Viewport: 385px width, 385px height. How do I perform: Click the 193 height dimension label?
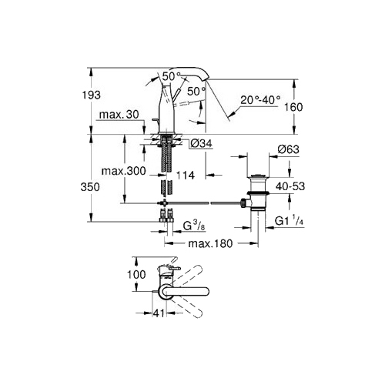click(91, 95)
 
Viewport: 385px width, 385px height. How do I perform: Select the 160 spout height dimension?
click(293, 107)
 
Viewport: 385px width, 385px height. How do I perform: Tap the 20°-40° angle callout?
click(260, 99)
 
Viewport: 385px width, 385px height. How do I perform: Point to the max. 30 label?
click(119, 115)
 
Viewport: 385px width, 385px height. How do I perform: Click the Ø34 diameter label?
click(202, 143)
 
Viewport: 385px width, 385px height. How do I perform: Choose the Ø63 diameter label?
click(289, 149)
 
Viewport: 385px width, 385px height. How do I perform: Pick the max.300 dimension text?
click(124, 171)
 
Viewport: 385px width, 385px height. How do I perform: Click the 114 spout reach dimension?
click(186, 176)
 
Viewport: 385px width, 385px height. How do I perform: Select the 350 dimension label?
click(90, 187)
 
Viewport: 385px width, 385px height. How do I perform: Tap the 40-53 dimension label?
click(290, 186)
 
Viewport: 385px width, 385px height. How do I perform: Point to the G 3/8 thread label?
click(194, 226)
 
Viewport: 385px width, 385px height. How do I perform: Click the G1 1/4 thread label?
click(289, 221)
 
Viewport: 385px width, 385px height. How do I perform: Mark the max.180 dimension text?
click(210, 243)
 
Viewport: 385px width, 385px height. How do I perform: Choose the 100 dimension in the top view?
click(136, 274)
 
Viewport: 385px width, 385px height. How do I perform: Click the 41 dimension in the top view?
click(159, 313)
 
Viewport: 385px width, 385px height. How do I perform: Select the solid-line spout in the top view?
click(184, 291)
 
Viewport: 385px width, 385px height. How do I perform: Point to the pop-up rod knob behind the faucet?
click(155, 119)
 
